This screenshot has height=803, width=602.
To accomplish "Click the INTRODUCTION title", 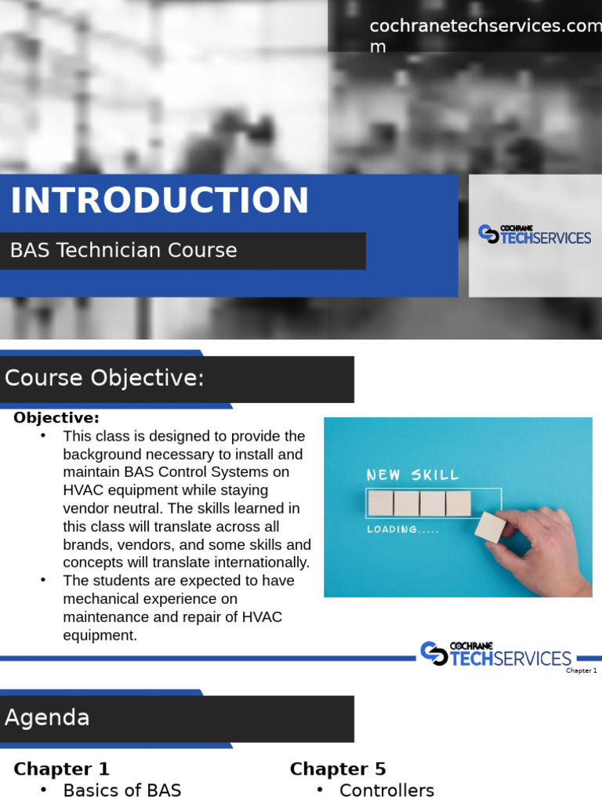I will click(x=160, y=201).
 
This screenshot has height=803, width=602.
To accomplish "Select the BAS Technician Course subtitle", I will click(x=123, y=251).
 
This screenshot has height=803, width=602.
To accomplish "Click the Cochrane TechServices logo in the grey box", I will click(x=535, y=234).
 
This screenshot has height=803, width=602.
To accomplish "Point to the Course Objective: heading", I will click(x=104, y=379).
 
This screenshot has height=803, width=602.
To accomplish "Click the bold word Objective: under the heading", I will click(x=56, y=418).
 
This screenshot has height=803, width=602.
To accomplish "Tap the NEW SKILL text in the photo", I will click(x=413, y=475).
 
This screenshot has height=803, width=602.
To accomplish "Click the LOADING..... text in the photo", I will click(x=403, y=529).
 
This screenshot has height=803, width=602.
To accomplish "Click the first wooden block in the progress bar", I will click(x=381, y=503).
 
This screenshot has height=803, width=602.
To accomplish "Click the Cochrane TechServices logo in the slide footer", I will click(x=496, y=654).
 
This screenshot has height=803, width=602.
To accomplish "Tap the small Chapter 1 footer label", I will click(x=582, y=670).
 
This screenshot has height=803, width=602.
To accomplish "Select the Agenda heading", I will click(x=47, y=718).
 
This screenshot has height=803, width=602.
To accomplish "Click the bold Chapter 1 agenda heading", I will click(x=61, y=769).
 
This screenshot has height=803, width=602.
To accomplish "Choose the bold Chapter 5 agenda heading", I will click(x=338, y=769).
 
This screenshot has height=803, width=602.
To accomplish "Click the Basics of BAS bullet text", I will click(x=121, y=790).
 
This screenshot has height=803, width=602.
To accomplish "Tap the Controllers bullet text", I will click(x=386, y=790).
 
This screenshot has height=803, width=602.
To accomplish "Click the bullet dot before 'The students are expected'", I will click(x=44, y=580).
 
